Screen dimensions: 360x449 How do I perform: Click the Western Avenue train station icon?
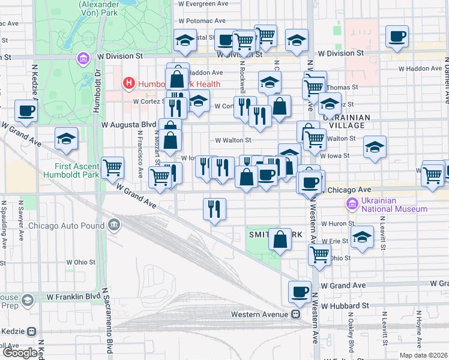[x=296, y=314]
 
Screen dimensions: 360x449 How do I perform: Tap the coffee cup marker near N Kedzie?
[x=26, y=110]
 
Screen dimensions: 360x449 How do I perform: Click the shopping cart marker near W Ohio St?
[x=320, y=253]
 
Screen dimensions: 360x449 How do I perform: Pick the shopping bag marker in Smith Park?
[x=280, y=239]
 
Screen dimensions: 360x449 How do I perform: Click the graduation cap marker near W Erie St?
[x=362, y=236]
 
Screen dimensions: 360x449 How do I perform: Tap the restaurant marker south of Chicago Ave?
[x=214, y=209]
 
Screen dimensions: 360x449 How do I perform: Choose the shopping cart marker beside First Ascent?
[x=112, y=168]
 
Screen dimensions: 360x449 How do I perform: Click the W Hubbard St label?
[x=344, y=305]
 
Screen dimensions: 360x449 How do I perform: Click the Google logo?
[x=20, y=353]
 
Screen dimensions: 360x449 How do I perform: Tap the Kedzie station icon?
[x=31, y=331]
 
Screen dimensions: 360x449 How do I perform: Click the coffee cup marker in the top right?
[x=396, y=37]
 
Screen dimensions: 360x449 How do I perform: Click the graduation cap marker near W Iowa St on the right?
[x=375, y=147]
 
